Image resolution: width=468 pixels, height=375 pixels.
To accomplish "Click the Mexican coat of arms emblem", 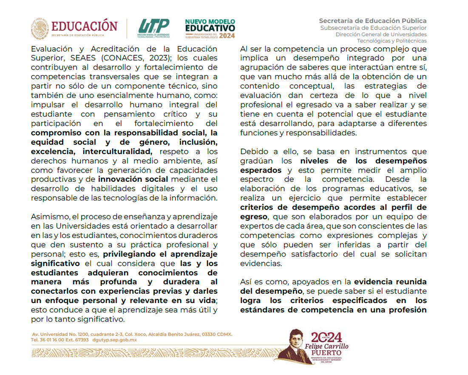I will (40, 29).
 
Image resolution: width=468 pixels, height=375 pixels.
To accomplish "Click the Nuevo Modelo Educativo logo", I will (210, 29).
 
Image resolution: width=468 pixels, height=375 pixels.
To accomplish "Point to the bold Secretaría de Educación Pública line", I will (373, 20).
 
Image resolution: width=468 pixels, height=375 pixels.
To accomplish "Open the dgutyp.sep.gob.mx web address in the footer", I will (114, 340).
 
